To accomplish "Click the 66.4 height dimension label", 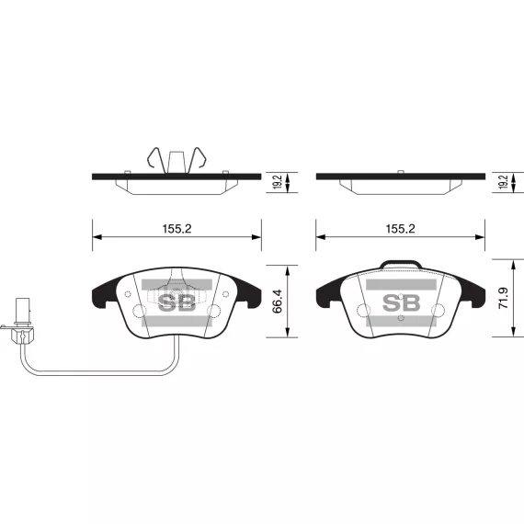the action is [277, 302].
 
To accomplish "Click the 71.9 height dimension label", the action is [503, 298].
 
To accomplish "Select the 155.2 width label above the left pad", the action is [177, 229].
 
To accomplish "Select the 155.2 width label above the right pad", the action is [400, 229].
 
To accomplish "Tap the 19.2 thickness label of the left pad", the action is [278, 182].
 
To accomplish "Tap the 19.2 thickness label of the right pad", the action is [503, 182].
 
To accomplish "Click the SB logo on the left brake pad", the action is [177, 302].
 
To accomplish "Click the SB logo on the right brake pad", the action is [401, 302].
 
